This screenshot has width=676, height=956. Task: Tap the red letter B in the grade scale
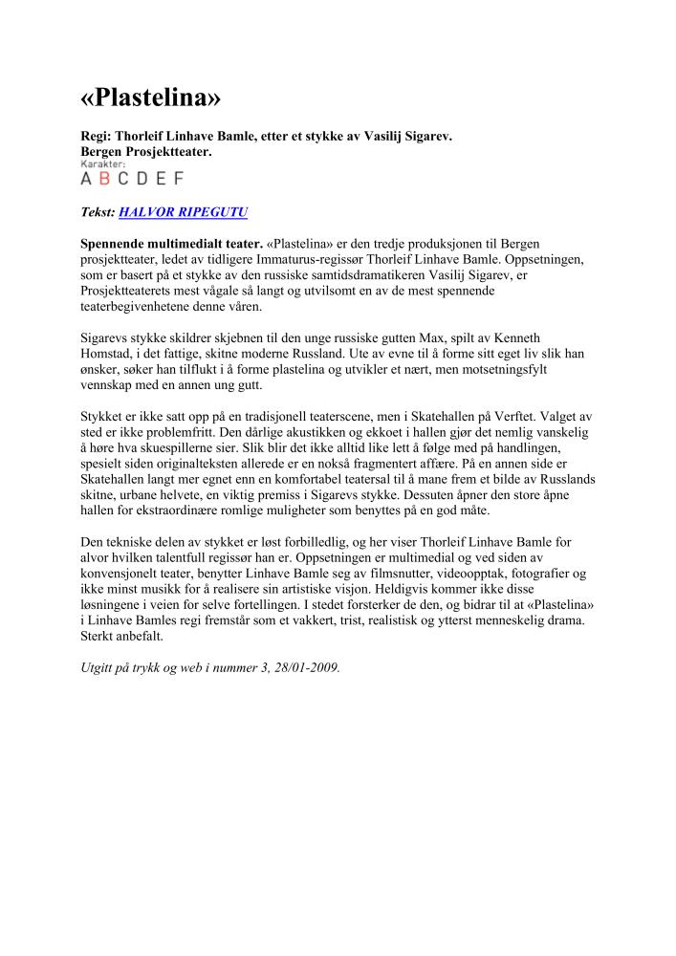pyautogui.click(x=105, y=178)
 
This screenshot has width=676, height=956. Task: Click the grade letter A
pyautogui.click(x=87, y=178)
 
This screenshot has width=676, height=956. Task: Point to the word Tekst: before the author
pyautogui.click(x=98, y=212)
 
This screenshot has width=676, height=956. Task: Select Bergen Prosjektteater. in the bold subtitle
pyautogui.click(x=145, y=151)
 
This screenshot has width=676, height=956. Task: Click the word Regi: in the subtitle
pyautogui.click(x=97, y=137)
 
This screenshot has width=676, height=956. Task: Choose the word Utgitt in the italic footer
pyautogui.click(x=98, y=668)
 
